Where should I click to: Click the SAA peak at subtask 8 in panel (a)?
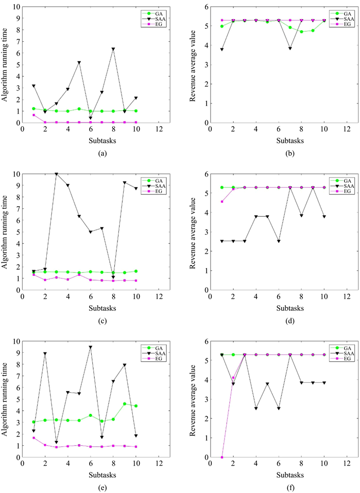(x=113, y=49)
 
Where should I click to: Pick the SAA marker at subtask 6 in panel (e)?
(x=91, y=347)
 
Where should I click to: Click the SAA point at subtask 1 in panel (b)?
(x=221, y=49)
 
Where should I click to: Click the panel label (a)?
(x=90, y=152)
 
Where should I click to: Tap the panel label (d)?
(x=278, y=321)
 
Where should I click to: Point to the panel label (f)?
(x=278, y=487)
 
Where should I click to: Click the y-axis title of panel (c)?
(x=6, y=232)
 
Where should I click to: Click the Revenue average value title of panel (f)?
(x=194, y=399)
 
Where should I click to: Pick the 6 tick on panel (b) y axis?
(x=204, y=7)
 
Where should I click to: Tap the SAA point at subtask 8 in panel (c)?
(x=113, y=277)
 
